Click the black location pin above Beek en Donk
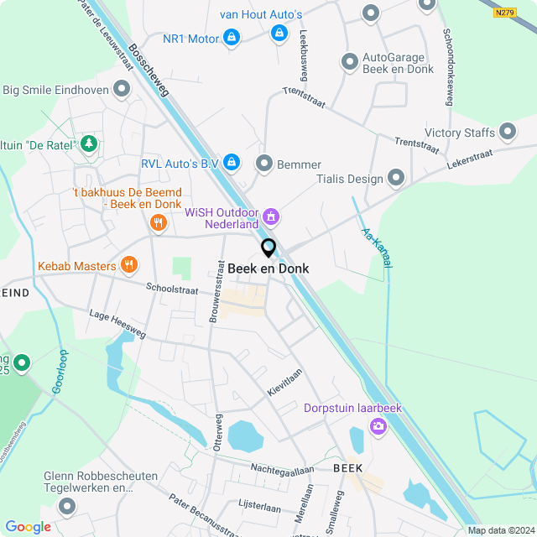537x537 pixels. pos(268,248)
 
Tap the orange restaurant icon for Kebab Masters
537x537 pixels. pos(128,266)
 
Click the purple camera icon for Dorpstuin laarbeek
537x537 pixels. pos(378,427)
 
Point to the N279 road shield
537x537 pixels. pos(504,12)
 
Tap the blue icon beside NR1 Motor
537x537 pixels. pos(232,38)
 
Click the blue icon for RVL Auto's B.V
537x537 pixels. pos(232,162)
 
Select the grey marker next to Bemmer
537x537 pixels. pos(264,163)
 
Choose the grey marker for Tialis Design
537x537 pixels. pos(395,178)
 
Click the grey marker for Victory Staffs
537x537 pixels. pos(507,132)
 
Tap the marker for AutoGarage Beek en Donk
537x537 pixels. pos(350,62)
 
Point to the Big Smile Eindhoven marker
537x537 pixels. pos(122,89)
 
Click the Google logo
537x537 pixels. pos(28,526)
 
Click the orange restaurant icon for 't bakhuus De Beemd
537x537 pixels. pos(157,222)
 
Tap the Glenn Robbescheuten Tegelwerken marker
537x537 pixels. pos(66,506)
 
